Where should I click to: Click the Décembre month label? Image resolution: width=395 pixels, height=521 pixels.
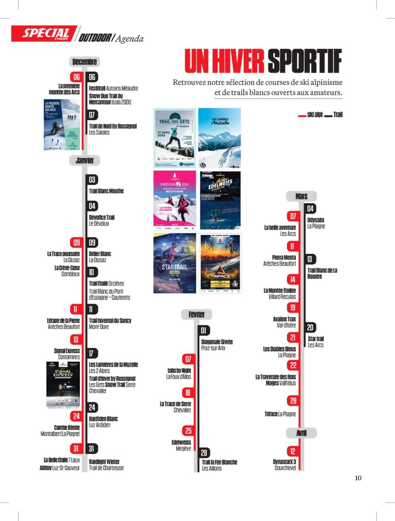[84, 62]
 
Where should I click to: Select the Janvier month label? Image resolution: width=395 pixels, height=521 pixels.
[84, 160]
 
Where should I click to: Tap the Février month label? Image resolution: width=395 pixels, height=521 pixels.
[196, 314]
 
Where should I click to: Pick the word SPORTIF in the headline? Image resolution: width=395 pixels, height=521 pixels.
[304, 62]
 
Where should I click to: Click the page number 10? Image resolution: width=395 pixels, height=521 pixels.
[358, 478]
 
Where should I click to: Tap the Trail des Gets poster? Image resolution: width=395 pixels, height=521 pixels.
[174, 138]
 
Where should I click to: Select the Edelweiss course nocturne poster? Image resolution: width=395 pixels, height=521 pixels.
[220, 200]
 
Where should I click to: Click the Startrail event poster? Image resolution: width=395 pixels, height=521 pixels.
[174, 263]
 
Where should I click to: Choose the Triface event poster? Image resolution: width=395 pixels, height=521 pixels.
[220, 263]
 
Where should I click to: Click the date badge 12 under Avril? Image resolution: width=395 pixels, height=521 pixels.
[292, 451]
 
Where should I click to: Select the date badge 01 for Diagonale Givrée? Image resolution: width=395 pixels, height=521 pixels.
[204, 331]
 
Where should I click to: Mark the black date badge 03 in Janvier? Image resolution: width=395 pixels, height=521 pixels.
[92, 180]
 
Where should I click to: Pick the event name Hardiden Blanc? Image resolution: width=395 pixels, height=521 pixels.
[103, 419]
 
